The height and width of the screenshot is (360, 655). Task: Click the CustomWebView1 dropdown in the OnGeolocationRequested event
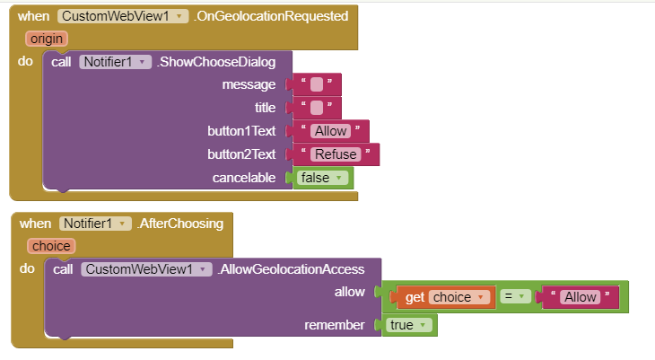(x=123, y=16)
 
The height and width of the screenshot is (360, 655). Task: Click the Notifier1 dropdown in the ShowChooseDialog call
(x=115, y=62)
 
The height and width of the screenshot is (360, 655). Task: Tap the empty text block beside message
(x=316, y=84)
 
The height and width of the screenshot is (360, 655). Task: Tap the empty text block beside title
(x=316, y=108)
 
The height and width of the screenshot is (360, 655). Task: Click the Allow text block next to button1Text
(x=330, y=131)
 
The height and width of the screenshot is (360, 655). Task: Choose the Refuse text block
(x=335, y=154)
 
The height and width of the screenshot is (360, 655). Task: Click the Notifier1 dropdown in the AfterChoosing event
(x=94, y=224)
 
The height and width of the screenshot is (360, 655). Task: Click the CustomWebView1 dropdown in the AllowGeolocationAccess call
(x=145, y=269)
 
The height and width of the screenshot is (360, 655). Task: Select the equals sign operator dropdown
(x=515, y=297)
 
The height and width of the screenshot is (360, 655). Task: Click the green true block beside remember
(x=409, y=325)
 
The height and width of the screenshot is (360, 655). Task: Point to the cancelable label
(x=244, y=178)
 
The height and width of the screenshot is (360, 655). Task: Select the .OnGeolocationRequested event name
(x=272, y=16)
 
